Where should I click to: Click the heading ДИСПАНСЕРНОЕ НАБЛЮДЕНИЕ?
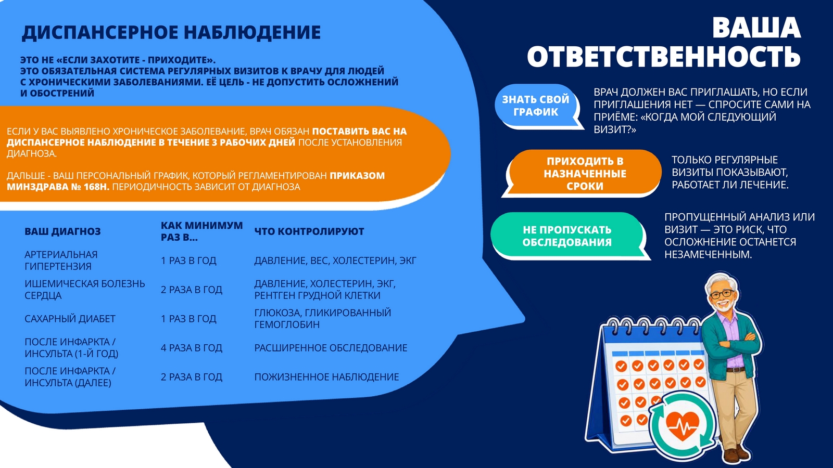[171, 33]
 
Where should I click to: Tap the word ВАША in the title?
[756, 28]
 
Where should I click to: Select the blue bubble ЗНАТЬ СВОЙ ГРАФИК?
[537, 106]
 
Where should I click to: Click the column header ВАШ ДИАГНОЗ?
[62, 231]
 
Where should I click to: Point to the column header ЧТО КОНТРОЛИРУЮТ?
[309, 231]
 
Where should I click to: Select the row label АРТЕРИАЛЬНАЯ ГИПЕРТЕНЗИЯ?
[61, 261]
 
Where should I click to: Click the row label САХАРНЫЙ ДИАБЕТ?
[70, 319]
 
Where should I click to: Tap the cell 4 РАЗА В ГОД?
[191, 348]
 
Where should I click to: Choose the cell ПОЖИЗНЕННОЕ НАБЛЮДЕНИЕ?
[326, 377]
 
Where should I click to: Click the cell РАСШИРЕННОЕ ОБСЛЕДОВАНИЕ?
[331, 348]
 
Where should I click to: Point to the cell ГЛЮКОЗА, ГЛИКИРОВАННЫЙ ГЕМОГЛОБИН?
[323, 319]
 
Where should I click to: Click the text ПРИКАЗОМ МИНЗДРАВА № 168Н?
[196, 181]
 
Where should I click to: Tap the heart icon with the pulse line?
[683, 426]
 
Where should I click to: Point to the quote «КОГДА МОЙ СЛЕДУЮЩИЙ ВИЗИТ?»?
[685, 123]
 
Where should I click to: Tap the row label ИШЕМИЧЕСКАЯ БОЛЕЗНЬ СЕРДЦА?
[85, 290]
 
